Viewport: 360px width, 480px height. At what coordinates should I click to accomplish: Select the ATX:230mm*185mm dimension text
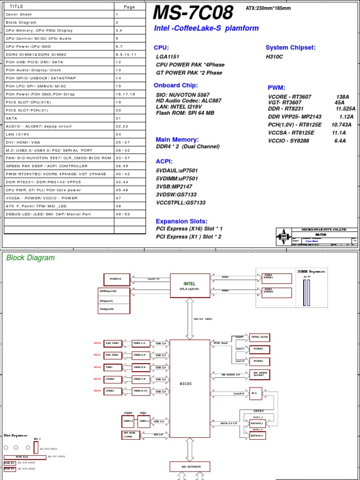tap(268, 8)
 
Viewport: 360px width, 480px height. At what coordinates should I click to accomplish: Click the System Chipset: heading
tap(291, 48)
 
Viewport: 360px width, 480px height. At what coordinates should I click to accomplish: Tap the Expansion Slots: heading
tap(181, 221)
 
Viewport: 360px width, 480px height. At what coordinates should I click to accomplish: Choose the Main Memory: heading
tap(177, 140)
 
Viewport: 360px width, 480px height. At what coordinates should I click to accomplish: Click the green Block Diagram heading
tap(30, 258)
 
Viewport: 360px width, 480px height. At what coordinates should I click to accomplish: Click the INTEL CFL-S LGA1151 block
tap(189, 286)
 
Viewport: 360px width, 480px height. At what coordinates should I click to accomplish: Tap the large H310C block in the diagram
tap(186, 383)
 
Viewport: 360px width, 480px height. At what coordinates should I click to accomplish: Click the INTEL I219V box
tap(262, 337)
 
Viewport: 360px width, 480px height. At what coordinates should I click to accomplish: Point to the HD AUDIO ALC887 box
tap(262, 373)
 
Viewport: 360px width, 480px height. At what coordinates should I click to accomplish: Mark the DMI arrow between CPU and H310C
tap(190, 319)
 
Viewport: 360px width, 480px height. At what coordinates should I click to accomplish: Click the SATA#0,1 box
tap(256, 422)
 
